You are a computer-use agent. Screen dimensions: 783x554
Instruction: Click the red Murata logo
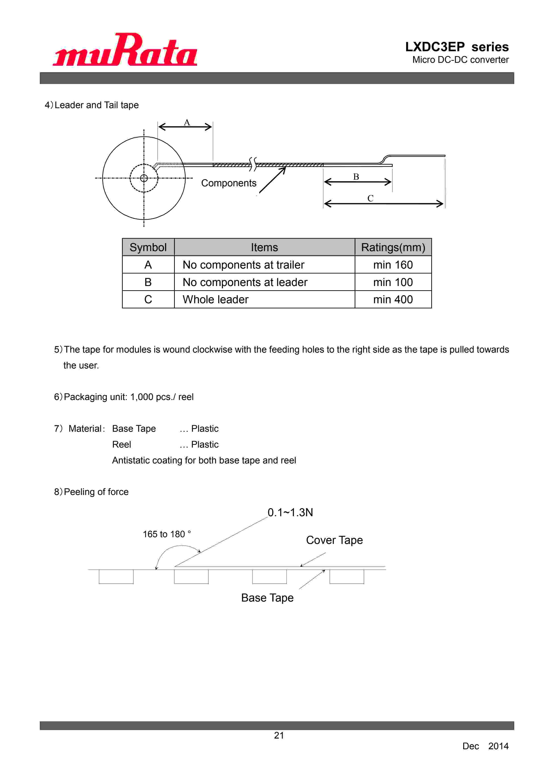point(125,50)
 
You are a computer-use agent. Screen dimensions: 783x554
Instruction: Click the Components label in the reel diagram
point(229,183)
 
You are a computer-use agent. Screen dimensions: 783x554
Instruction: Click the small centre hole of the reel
point(144,178)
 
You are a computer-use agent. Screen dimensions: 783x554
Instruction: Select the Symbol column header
point(148,247)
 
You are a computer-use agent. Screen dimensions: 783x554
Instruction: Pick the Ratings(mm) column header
point(393,247)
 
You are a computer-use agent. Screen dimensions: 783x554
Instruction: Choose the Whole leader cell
point(216,299)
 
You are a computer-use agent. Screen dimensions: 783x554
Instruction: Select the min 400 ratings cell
point(393,299)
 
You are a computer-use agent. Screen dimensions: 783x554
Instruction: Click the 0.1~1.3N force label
point(290,512)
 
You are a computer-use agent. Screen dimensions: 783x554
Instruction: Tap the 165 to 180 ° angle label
point(166,534)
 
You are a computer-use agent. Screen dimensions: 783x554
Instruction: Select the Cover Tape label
point(334,540)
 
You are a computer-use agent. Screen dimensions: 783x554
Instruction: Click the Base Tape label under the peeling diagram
point(267,598)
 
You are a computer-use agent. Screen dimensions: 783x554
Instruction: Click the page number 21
point(279,736)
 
